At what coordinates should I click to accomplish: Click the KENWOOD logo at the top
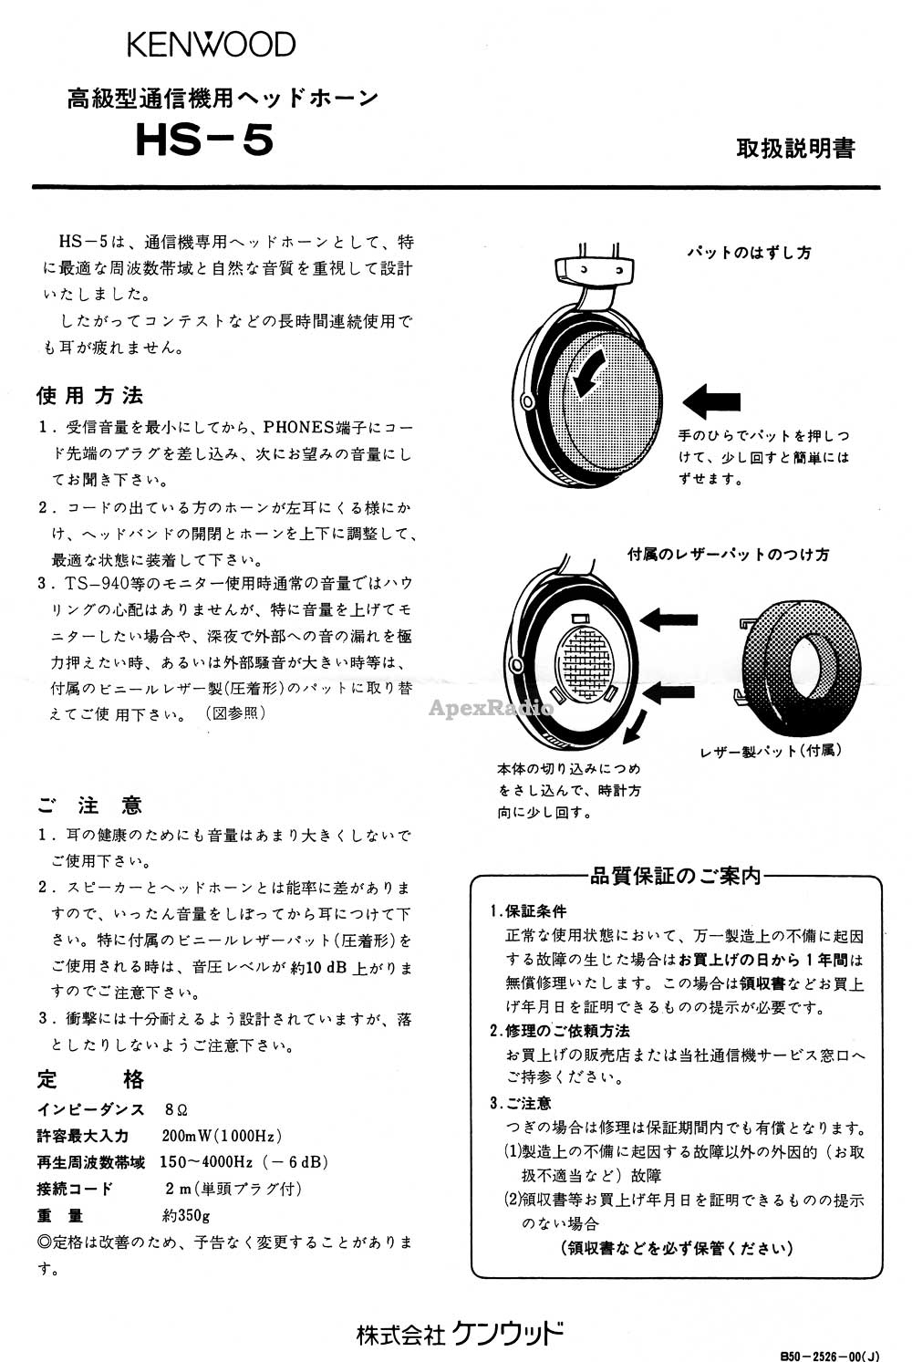(x=211, y=44)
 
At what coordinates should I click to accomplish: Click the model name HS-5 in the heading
(x=204, y=141)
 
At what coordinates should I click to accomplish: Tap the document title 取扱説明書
(x=795, y=149)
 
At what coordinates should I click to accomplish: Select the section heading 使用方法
(x=90, y=396)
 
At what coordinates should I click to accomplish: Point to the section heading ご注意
(x=90, y=806)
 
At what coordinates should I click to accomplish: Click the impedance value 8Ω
(x=176, y=1109)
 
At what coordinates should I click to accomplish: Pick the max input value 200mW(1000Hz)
(x=222, y=1136)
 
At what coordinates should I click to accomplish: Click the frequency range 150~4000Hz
(x=206, y=1162)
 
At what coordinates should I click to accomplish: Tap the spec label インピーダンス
(x=90, y=1109)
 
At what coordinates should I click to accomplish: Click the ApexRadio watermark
(x=503, y=708)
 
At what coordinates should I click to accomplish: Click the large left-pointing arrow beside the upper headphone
(x=711, y=400)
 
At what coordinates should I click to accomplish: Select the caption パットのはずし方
(x=749, y=253)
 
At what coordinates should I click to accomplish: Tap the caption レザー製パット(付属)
(x=771, y=751)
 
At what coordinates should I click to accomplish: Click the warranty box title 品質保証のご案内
(x=675, y=877)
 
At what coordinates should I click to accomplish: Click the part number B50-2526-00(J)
(x=830, y=1354)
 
